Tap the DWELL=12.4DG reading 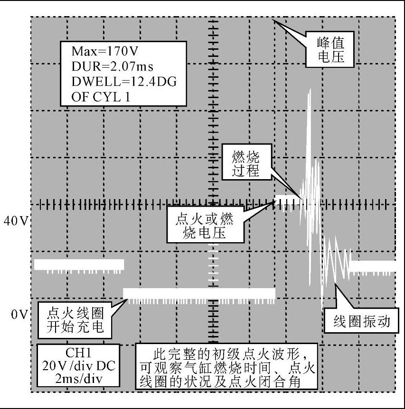(x=124, y=82)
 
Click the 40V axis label (x=15, y=221)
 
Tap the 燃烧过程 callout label (x=246, y=164)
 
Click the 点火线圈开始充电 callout (x=75, y=320)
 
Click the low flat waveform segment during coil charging (x=199, y=292)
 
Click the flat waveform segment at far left (x=79, y=264)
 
